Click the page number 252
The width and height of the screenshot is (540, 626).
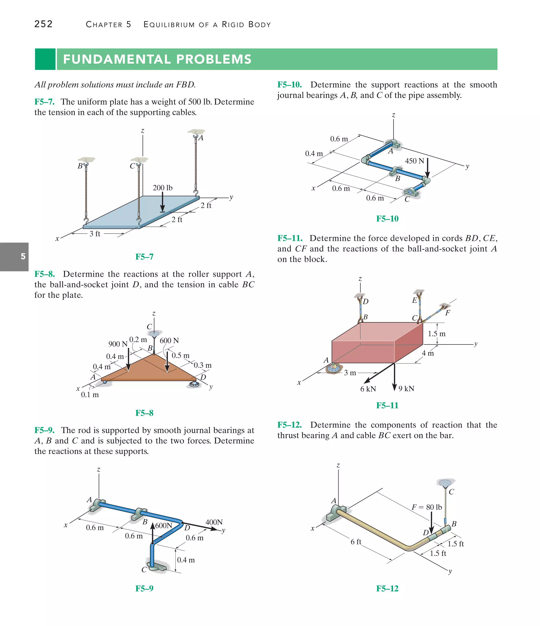(44, 24)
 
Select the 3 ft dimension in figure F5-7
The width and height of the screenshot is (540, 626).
(95, 234)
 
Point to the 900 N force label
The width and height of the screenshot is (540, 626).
(118, 344)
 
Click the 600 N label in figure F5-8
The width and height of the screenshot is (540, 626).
(169, 341)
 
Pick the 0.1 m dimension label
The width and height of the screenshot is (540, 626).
(90, 395)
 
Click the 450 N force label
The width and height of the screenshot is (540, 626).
(414, 161)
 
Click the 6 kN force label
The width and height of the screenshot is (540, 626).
(368, 389)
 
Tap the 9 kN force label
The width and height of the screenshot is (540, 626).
(406, 388)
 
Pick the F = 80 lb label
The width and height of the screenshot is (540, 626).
(427, 507)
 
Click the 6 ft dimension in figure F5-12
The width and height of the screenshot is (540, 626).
(356, 542)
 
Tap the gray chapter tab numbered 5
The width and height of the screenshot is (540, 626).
(14, 257)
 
